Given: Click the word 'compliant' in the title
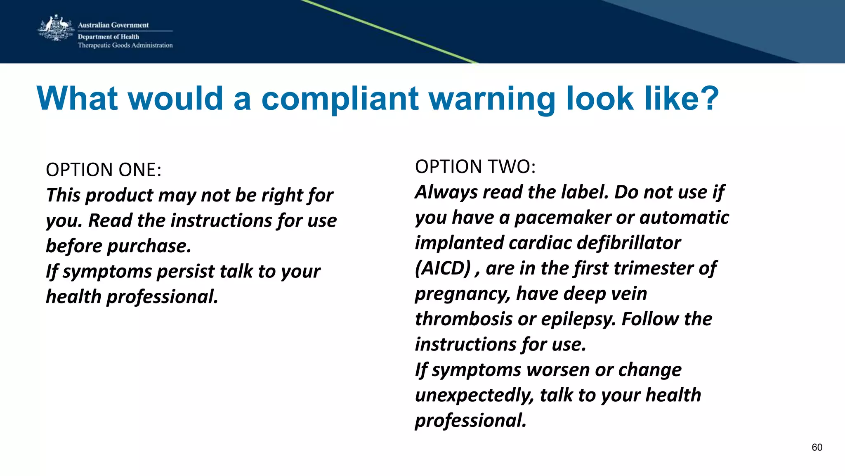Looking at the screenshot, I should [x=340, y=99].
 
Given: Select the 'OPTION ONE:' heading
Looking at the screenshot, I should [x=104, y=170].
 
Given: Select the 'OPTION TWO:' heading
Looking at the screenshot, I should [x=475, y=167].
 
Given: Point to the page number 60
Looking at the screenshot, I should [x=817, y=448].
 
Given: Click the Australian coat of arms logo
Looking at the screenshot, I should [x=56, y=28].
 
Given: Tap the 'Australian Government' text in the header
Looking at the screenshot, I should [x=113, y=25].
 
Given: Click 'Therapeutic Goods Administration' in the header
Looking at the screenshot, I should [x=125, y=45].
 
